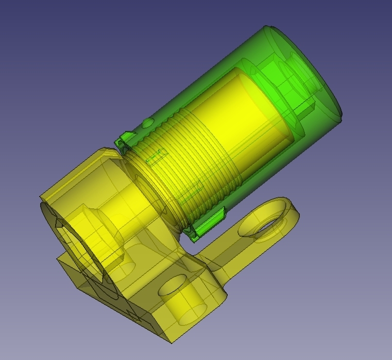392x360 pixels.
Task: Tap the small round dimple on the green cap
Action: [x=147, y=123]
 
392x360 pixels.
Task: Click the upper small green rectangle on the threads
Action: [x=156, y=156]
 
